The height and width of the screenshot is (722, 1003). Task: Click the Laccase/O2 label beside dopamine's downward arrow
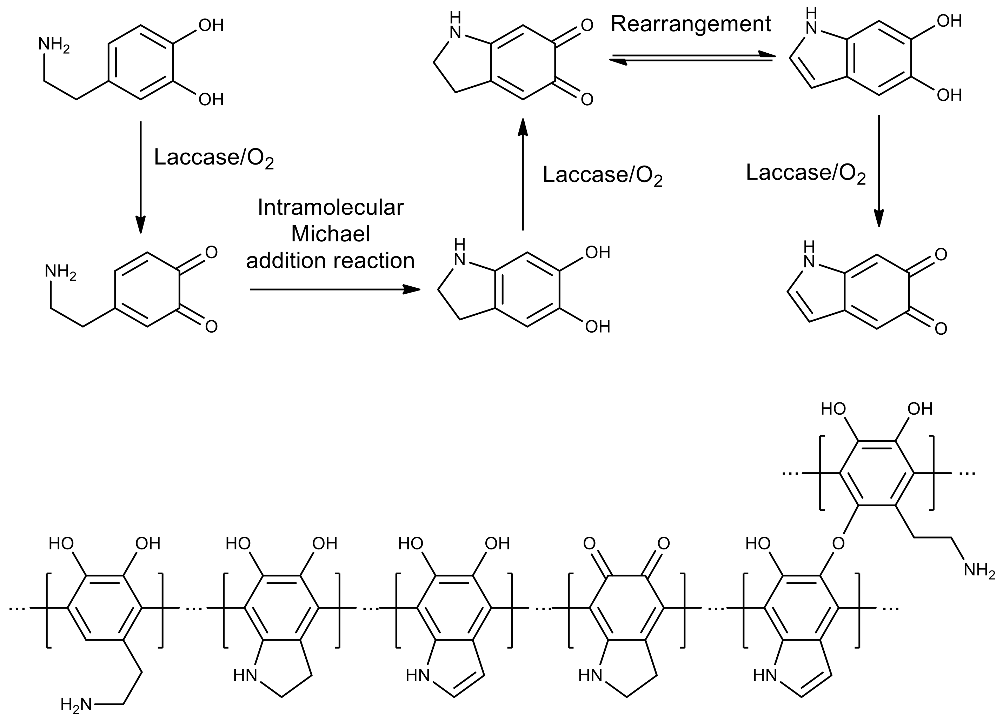click(x=214, y=158)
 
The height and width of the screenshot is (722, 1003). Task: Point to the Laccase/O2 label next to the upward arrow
click(x=602, y=175)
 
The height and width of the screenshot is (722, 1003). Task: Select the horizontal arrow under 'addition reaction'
click(x=335, y=289)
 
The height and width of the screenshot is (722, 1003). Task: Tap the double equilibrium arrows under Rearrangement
click(x=692, y=59)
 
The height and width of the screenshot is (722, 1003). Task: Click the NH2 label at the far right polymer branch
click(x=979, y=570)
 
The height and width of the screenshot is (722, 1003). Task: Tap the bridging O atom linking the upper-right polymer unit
click(x=838, y=543)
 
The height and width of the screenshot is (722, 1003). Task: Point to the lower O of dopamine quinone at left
click(x=211, y=327)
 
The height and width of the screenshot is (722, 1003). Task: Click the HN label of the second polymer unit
click(x=245, y=675)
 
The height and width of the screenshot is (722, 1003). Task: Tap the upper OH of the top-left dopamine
click(x=211, y=26)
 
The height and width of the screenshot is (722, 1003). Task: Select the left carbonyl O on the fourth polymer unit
click(x=590, y=543)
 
